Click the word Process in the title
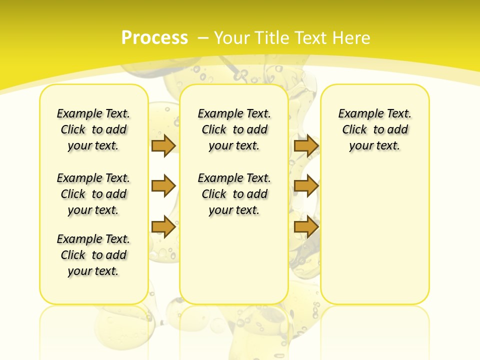tap(154, 37)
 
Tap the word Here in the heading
tap(352, 38)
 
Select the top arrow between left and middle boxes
tap(163, 145)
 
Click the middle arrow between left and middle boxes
tap(163, 186)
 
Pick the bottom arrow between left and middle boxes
tap(163, 227)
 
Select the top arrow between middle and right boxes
tap(306, 145)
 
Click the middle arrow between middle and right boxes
tap(306, 186)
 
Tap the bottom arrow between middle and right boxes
tap(306, 227)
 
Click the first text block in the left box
tap(93, 129)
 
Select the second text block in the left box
tap(93, 194)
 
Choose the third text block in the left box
tap(93, 255)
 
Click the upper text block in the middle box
tap(234, 129)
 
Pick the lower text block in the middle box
tap(234, 194)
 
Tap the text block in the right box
tap(374, 129)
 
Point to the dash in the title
tap(203, 38)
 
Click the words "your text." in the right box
tap(374, 146)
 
